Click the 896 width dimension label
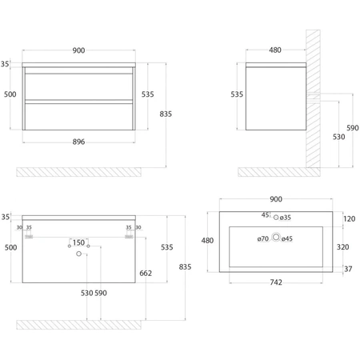78,142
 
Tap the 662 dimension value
146,274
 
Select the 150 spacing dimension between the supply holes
78,242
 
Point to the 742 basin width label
276,282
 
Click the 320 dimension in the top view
342,247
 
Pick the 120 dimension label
349,219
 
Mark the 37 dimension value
348,269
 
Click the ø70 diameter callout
263,239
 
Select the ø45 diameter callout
287,239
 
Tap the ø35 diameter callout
286,218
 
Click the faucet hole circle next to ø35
276,218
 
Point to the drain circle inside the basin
276,237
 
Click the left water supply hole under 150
70,246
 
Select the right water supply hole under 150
88,246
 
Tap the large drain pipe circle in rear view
78,254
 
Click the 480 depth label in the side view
275,50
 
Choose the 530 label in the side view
338,137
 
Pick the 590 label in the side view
353,128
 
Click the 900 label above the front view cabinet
78,50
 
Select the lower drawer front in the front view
79,117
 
